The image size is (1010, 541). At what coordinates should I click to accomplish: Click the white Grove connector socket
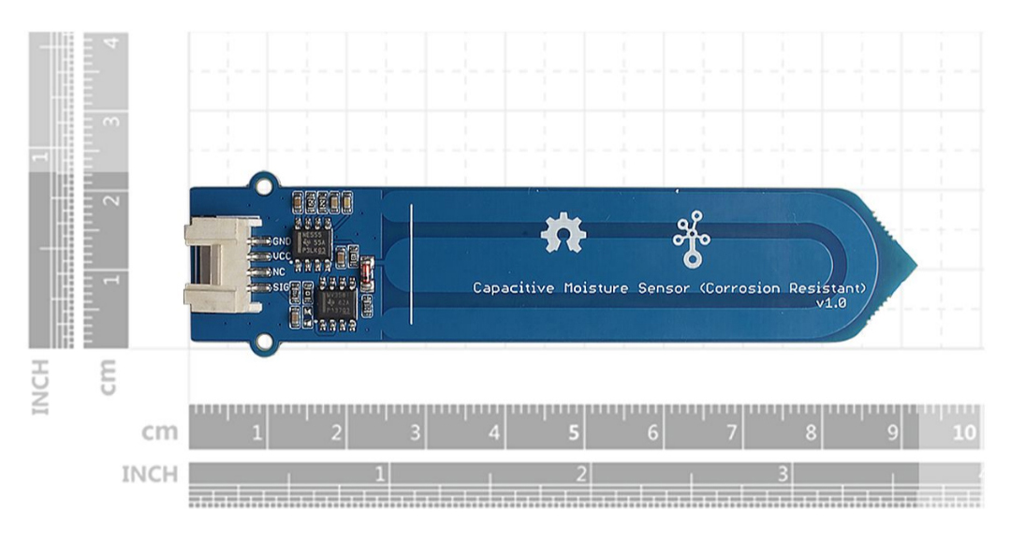pos(221,264)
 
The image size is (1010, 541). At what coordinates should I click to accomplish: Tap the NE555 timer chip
pos(310,241)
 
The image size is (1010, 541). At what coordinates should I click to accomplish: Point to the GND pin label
pos(280,240)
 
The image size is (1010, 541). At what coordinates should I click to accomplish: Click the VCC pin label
pos(280,255)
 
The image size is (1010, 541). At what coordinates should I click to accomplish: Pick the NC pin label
pos(278,270)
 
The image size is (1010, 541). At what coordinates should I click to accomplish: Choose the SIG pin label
pos(279,286)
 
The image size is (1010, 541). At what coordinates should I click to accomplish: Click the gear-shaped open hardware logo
pos(563,233)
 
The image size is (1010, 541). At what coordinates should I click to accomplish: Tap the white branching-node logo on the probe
pos(692,241)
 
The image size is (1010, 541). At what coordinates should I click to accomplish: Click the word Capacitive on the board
pos(512,287)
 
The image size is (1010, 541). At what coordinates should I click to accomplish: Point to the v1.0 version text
pos(831,303)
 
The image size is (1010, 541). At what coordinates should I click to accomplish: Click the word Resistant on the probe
pos(828,287)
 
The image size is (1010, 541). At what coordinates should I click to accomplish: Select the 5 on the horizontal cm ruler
pos(572,433)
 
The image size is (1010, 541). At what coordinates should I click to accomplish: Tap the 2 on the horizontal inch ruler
pos(581,475)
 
